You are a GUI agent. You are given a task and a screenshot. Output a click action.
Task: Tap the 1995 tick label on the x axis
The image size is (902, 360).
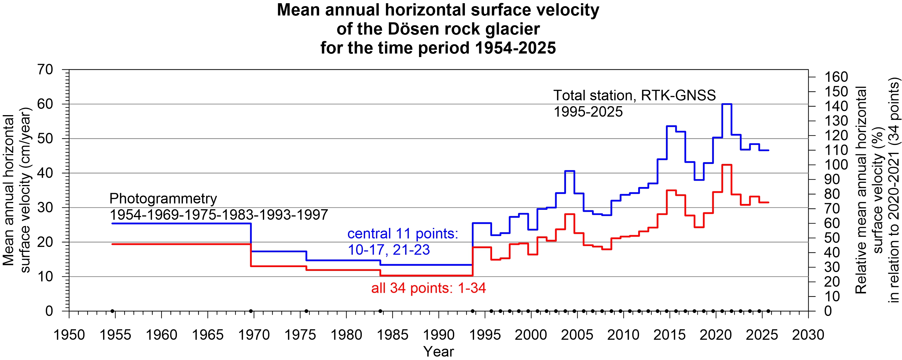click(x=485, y=335)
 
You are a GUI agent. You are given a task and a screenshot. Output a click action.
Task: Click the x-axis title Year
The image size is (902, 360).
click(x=438, y=351)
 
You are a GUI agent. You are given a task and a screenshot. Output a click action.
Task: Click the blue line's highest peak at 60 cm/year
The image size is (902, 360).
click(x=727, y=104)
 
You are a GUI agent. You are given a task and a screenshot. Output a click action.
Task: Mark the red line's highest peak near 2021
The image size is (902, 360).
click(x=727, y=165)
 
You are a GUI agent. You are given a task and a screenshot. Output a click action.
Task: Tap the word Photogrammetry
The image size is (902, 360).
click(x=163, y=199)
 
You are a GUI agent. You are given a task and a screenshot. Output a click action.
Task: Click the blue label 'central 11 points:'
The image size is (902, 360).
click(x=403, y=233)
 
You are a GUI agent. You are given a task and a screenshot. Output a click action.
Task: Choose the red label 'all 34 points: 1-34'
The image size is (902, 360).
click(x=428, y=288)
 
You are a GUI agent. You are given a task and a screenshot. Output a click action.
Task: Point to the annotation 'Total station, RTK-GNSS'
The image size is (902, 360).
click(x=634, y=95)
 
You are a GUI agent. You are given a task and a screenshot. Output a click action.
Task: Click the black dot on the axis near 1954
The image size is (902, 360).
click(x=112, y=311)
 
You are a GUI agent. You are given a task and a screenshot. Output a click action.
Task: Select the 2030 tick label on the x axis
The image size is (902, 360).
click(x=808, y=335)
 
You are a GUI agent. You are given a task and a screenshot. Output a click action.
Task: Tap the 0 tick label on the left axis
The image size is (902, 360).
click(x=49, y=311)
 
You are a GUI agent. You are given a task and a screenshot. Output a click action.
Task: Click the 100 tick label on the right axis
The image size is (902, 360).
click(x=836, y=165)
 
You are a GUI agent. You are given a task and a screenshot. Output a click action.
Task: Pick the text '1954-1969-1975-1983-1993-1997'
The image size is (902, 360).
click(x=219, y=215)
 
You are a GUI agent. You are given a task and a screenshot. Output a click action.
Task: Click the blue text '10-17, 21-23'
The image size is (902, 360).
click(x=389, y=250)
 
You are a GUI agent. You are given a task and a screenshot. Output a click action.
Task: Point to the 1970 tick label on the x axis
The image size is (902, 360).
click(x=254, y=335)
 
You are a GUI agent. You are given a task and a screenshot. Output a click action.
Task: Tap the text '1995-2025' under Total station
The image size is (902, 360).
click(x=588, y=112)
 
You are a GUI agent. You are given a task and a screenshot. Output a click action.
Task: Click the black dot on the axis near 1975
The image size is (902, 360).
click(x=307, y=311)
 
